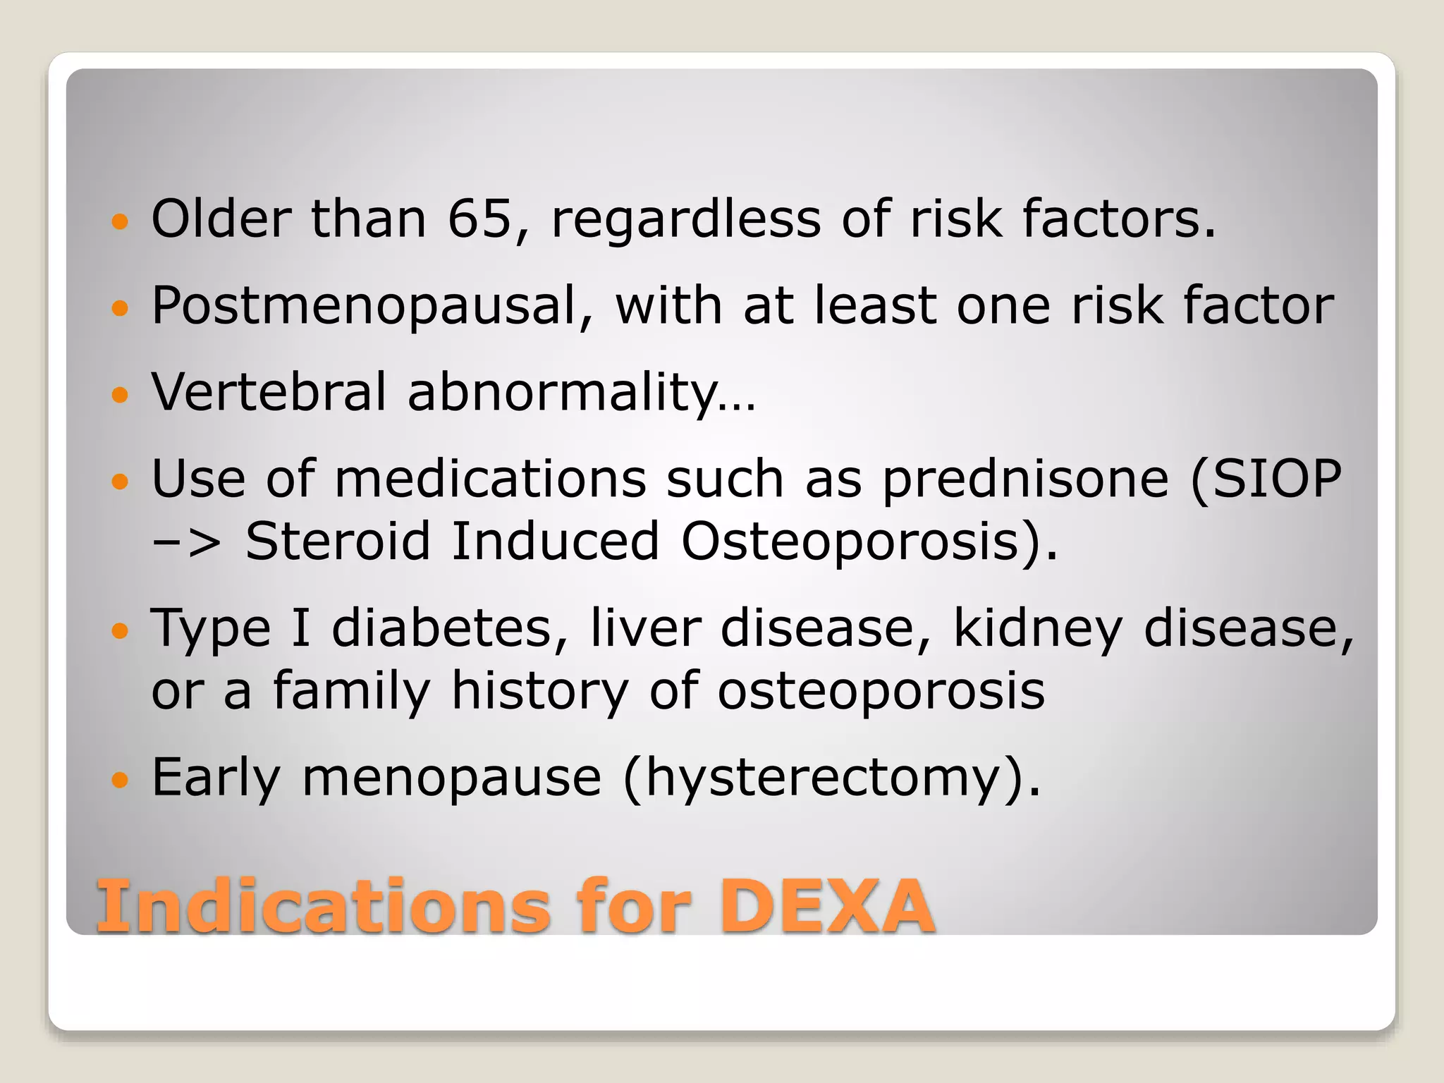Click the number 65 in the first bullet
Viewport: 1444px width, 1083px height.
click(x=479, y=219)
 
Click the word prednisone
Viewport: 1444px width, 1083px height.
click(x=1025, y=479)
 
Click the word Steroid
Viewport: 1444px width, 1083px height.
click(x=337, y=541)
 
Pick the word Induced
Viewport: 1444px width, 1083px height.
click(x=555, y=541)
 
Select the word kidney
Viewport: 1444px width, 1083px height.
click(x=1037, y=628)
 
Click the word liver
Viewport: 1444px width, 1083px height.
click(x=646, y=628)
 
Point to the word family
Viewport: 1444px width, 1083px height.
click(x=351, y=690)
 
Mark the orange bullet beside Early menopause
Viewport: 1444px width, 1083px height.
click(x=121, y=780)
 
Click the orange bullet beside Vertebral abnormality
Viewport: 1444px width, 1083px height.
click(x=121, y=394)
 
